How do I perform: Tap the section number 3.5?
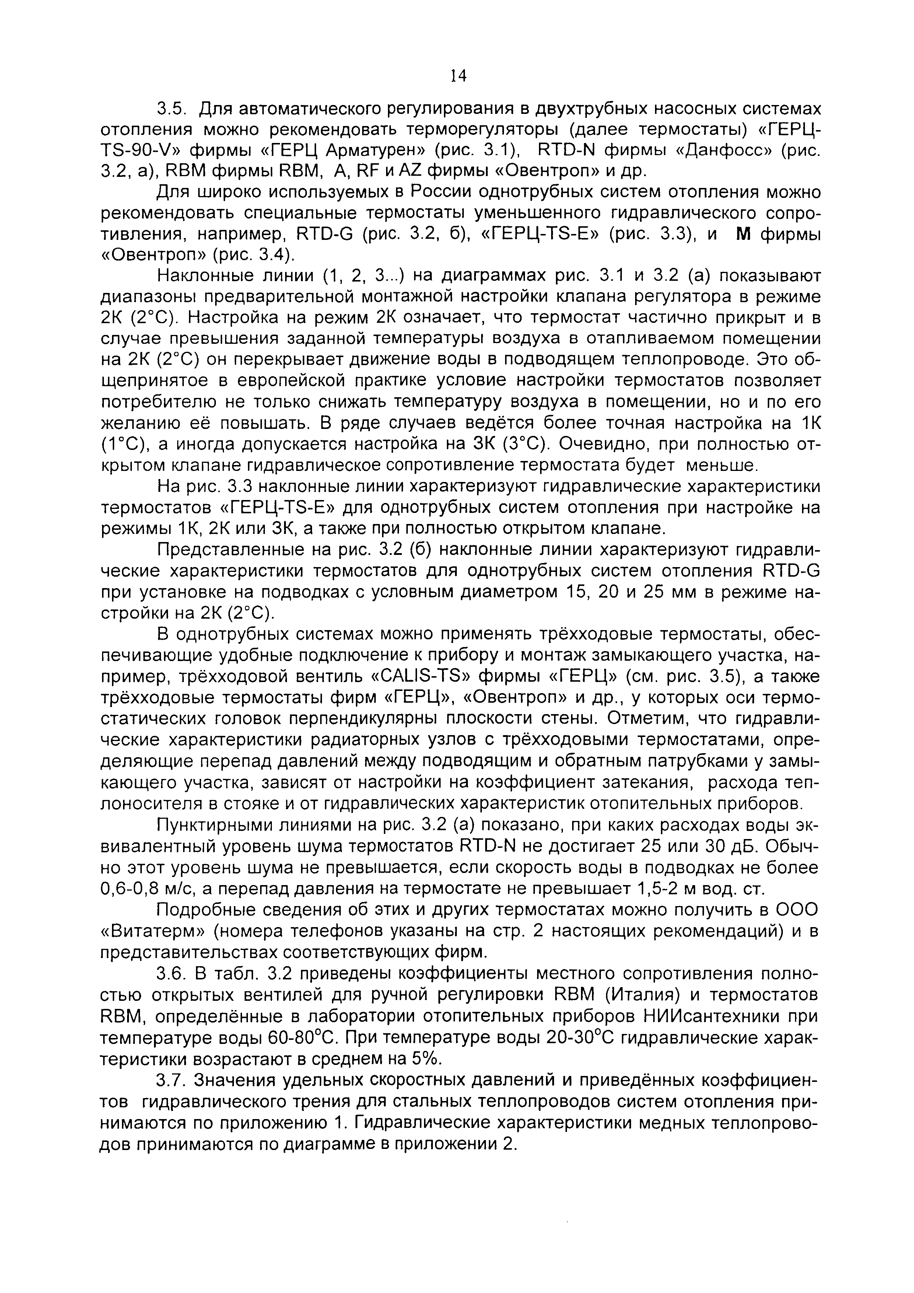pos(171,108)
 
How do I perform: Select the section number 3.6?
pos(171,973)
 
